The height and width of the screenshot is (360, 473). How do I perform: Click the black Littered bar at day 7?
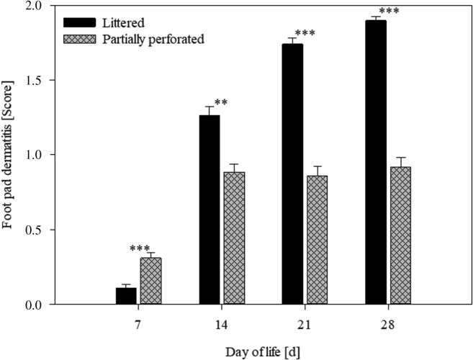pyautogui.click(x=126, y=296)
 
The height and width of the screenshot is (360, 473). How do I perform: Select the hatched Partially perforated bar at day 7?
pyautogui.click(x=150, y=281)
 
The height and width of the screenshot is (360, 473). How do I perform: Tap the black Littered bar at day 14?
pyautogui.click(x=210, y=210)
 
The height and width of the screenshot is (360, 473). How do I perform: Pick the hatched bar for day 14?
pyautogui.click(x=234, y=238)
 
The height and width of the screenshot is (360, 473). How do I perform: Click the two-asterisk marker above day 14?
pyautogui.click(x=221, y=102)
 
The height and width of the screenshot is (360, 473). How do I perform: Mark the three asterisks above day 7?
pyautogui.click(x=140, y=248)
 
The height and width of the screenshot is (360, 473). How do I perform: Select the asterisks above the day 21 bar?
pyautogui.click(x=305, y=33)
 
